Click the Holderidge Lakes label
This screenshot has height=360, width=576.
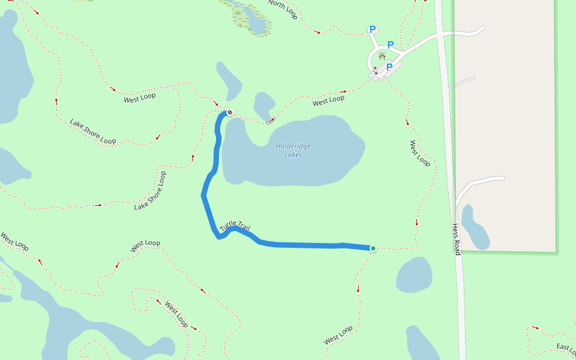[x=293, y=151]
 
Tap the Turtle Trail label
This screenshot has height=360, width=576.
[x=235, y=226]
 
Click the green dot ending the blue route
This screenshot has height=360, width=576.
[x=373, y=248]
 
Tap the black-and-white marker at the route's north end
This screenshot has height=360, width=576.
[x=229, y=112]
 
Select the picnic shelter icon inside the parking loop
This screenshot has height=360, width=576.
[x=382, y=56]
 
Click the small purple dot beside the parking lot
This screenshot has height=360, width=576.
[x=375, y=68]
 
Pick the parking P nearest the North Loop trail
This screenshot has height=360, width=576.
[x=372, y=29]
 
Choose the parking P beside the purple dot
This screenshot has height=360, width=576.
[x=389, y=67]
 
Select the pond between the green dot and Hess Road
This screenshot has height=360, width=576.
[x=414, y=275]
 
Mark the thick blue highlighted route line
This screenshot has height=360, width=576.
[x=300, y=245]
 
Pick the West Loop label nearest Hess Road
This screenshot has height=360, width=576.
[x=420, y=154]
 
